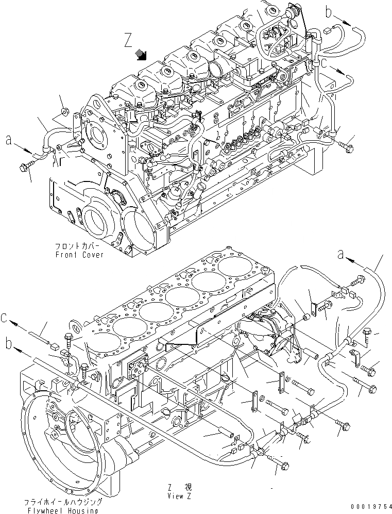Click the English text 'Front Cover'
pyautogui.click(x=79, y=255)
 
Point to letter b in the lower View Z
pyautogui.click(x=8, y=341)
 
